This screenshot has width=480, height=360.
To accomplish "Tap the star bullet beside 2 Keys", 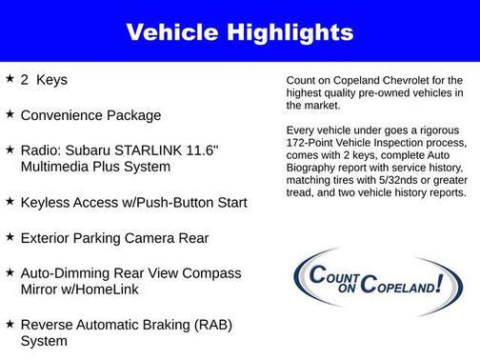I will click(10, 79).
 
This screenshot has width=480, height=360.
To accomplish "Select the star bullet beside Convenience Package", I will click(10, 114).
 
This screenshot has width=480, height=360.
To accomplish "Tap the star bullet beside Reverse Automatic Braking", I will click(10, 325).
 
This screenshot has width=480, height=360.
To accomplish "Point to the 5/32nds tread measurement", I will click(385, 180).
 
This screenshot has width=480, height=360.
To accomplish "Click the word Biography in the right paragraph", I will click(313, 168).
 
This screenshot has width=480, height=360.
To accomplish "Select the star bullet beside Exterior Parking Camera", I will click(10, 237).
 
